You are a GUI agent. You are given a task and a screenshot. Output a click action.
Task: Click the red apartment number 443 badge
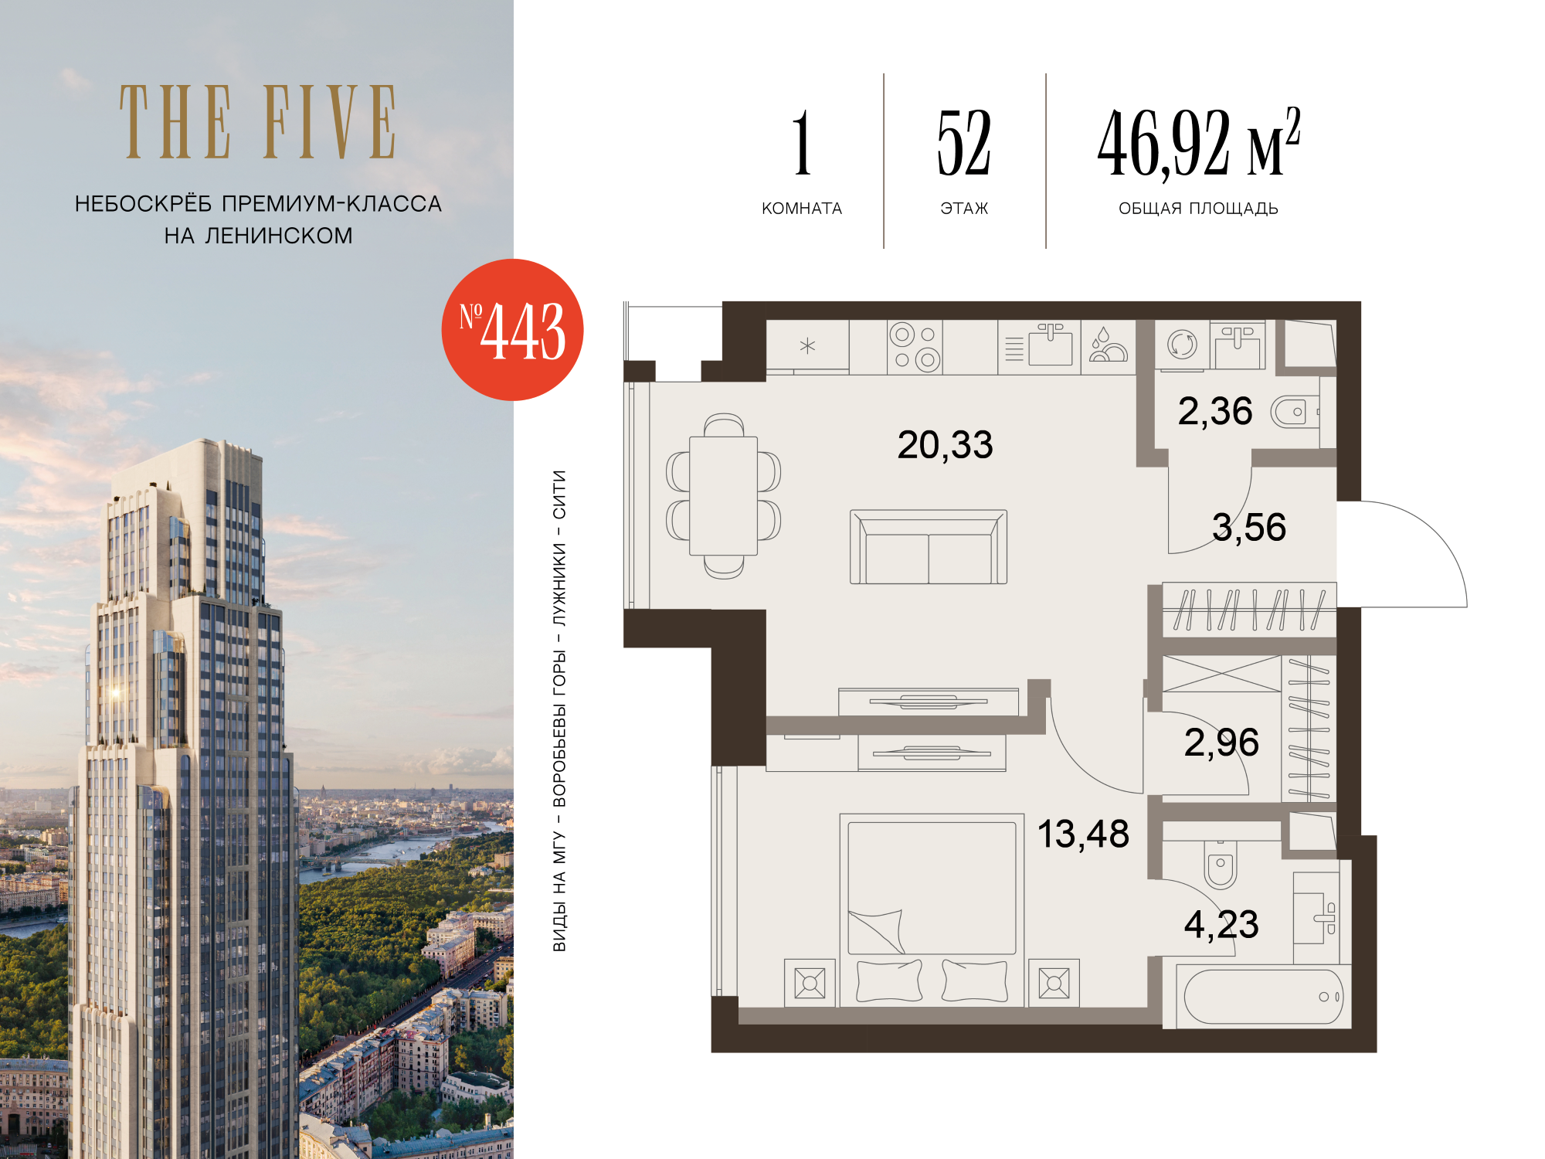pos(512,330)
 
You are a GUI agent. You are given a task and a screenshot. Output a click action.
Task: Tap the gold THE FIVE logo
pos(258,122)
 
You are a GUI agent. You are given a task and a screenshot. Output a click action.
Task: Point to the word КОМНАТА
pos(802,209)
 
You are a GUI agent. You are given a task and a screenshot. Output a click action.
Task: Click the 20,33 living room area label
pos(945,445)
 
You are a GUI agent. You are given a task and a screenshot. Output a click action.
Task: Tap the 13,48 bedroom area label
pos(1083,834)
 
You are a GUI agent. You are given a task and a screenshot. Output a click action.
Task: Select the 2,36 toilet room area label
pos(1215,412)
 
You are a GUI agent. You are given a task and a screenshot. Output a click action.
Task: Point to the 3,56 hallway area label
pos(1249,528)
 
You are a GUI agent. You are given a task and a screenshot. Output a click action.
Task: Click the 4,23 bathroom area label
pos(1221,925)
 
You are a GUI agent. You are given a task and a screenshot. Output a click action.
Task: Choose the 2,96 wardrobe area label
pos(1221,743)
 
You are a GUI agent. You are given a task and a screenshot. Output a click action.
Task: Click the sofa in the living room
pos(929,546)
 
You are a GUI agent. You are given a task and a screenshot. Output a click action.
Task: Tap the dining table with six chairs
pos(724,496)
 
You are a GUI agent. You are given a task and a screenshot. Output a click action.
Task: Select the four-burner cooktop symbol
pos(915,347)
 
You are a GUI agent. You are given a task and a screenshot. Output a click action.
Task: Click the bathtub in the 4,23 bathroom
pos(1263,997)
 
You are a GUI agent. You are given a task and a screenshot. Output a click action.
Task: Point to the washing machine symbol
pos(1182,345)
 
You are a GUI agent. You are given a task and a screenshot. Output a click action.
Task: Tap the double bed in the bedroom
pos(932,909)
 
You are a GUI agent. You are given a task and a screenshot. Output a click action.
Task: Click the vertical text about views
pos(559,711)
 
